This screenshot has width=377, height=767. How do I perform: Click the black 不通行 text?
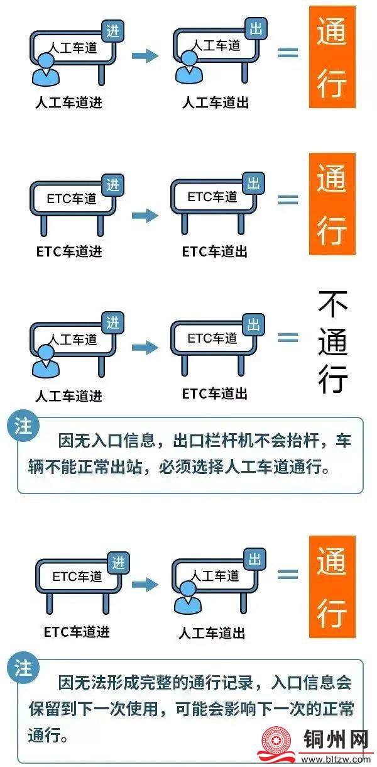click(x=333, y=341)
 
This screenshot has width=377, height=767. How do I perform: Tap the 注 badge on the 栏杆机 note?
click(x=23, y=428)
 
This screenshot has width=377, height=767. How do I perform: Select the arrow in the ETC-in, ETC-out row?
click(x=145, y=216)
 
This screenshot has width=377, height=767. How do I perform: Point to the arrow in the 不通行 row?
click(x=145, y=346)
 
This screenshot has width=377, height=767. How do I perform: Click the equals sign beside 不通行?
click(x=288, y=338)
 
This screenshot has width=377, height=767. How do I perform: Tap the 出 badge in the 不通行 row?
click(x=254, y=324)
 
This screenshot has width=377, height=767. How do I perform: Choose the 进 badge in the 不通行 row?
click(x=113, y=323)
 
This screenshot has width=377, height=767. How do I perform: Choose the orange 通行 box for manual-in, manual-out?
click(x=332, y=57)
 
